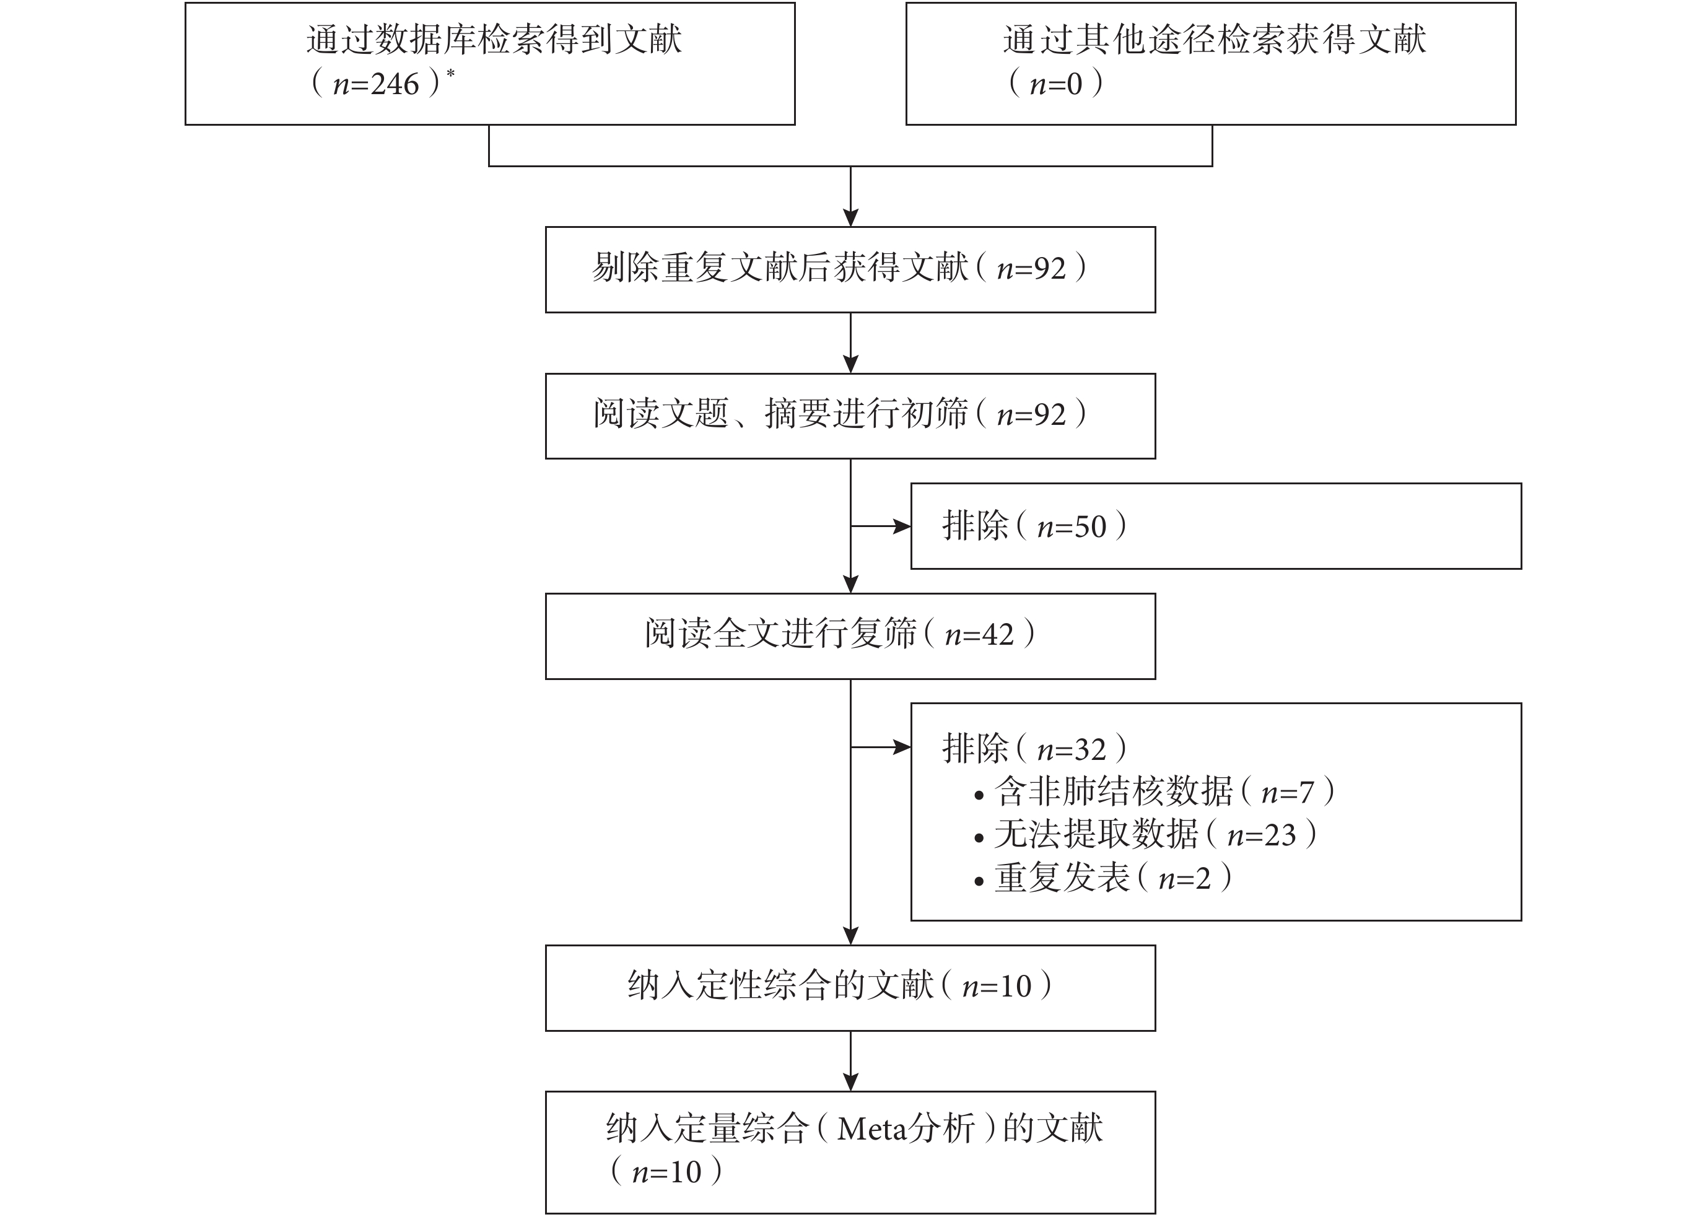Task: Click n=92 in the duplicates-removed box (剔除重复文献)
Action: pos(1031,268)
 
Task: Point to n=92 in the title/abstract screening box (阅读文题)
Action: pos(1031,414)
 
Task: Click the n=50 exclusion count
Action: pos(1072,527)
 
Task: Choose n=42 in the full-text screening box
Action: pos(979,635)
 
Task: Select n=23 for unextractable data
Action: pos(1262,835)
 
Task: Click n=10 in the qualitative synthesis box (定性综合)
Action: pos(997,986)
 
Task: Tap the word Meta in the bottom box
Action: pos(869,1129)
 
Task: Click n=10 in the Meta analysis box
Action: pos(666,1172)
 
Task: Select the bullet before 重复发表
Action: pos(979,882)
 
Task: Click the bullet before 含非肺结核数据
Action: pos(979,796)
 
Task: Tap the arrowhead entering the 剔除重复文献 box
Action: pos(850,217)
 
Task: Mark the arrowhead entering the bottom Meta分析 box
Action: pos(850,1082)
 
